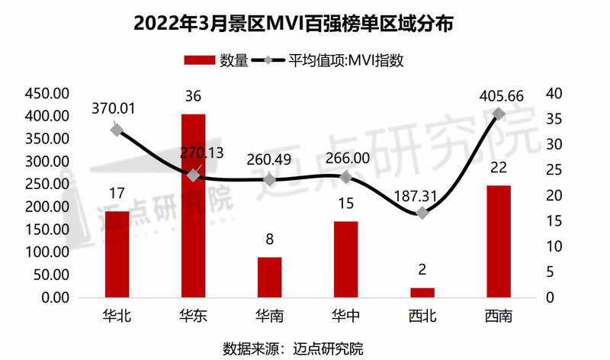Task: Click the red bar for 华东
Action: pos(193,206)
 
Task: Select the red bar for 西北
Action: pos(422,293)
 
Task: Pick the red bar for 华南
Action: pos(269,278)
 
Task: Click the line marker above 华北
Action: pos(117,130)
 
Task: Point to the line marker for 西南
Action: pos(499,114)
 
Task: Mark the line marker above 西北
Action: pos(422,213)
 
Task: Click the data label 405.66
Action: pos(498,97)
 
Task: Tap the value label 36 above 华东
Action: pos(193,98)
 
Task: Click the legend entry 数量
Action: pos(217,61)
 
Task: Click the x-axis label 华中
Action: pos(345,315)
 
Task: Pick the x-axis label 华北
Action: pos(117,315)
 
